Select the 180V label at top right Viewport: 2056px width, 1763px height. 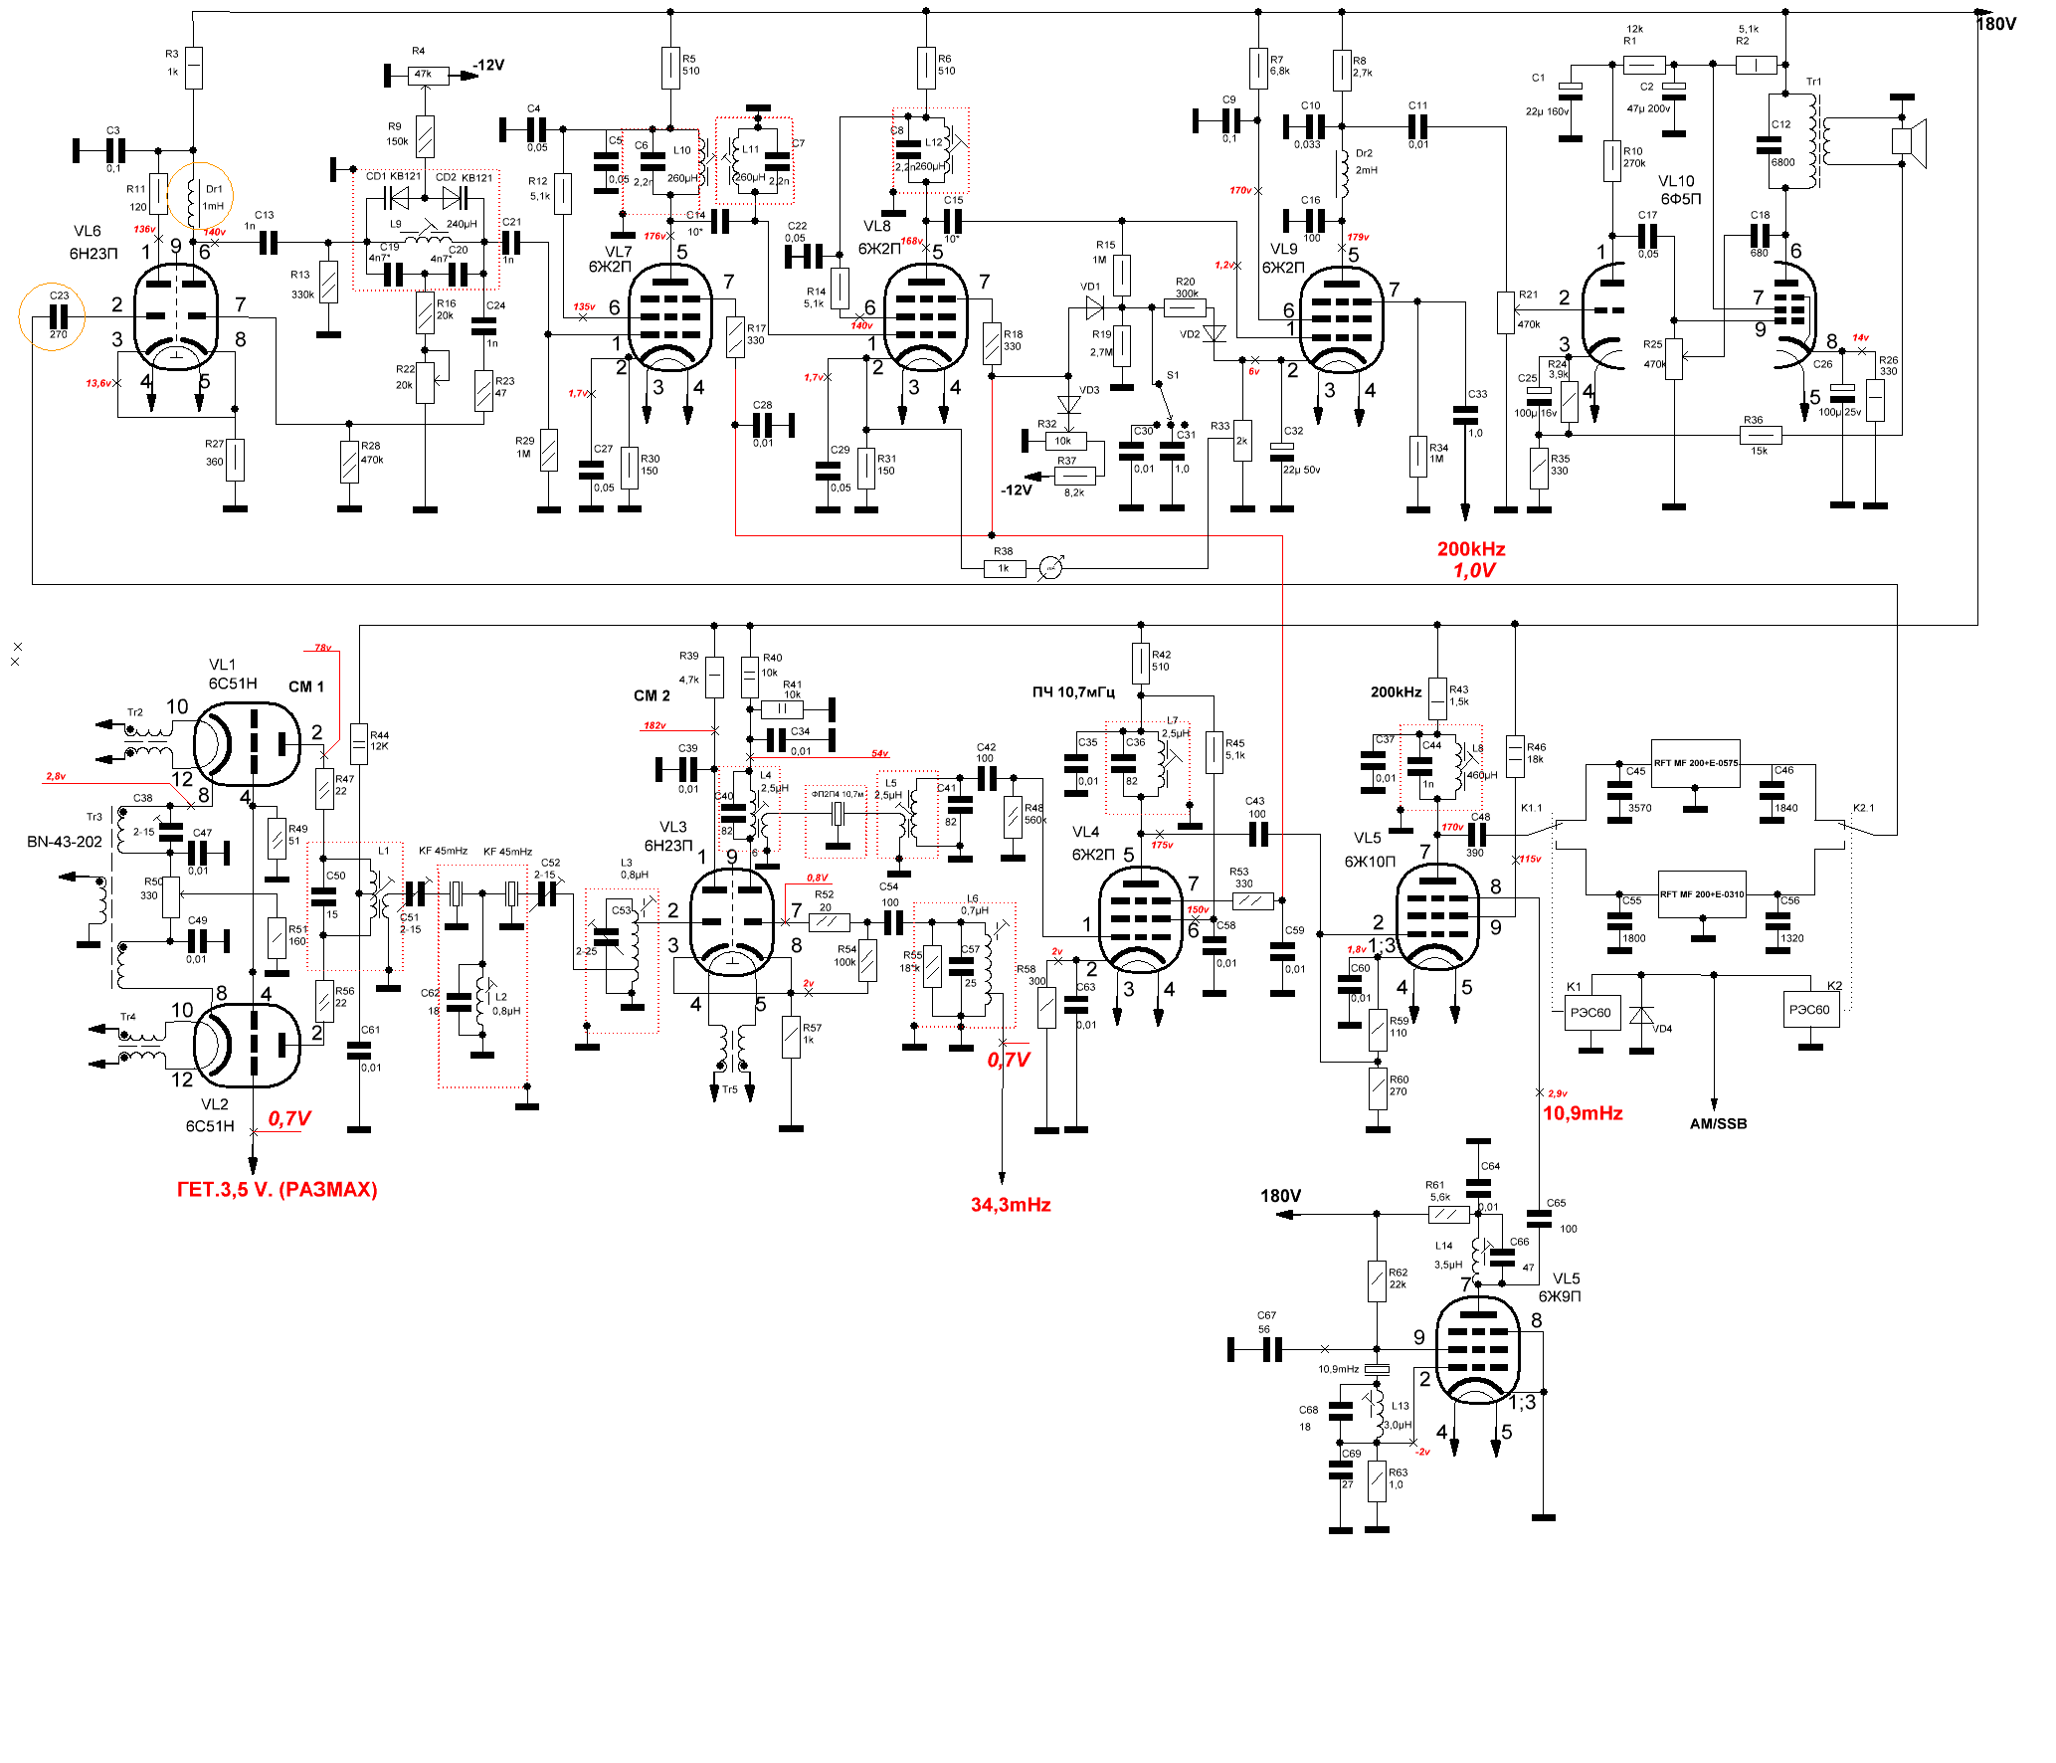coord(1995,24)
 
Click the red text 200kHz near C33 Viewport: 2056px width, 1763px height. coord(1470,549)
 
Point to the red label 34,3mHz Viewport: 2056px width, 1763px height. coord(1011,1205)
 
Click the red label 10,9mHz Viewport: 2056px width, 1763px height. coord(1583,1113)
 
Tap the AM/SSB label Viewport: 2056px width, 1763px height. coord(1718,1123)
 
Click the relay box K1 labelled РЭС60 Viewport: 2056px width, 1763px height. coord(1589,1013)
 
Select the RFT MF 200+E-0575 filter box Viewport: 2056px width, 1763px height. coord(1696,763)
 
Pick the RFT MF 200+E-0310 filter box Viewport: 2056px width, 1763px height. coord(1702,894)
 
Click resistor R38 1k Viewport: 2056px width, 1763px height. coord(1004,568)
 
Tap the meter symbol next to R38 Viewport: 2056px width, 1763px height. coord(1051,568)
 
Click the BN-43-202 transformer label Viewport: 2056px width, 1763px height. coord(65,842)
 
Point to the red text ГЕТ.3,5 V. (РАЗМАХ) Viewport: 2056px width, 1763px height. coord(277,1190)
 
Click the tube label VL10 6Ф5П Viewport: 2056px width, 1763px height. coord(1679,190)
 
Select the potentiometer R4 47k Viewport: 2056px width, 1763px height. coord(423,74)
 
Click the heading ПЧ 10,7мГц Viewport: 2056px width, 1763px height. coord(1073,692)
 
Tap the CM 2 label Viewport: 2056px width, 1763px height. coord(652,695)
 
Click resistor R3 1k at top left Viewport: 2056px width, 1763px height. coord(193,68)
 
